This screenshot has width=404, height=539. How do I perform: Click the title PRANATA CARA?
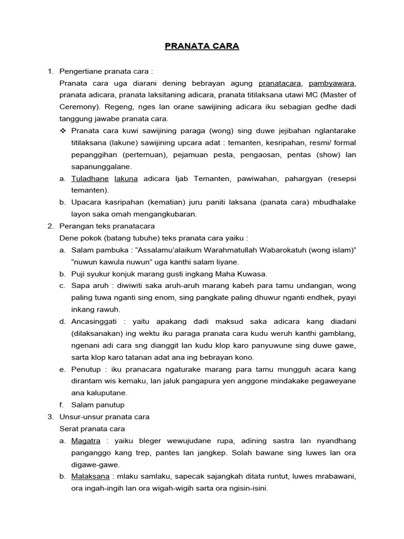(x=202, y=46)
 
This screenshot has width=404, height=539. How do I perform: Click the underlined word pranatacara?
(x=280, y=83)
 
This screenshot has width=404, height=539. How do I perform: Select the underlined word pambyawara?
(x=332, y=83)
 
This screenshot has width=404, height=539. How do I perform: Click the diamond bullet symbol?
(x=64, y=131)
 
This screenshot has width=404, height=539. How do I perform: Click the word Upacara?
(x=86, y=202)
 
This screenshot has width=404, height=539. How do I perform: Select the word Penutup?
(x=86, y=369)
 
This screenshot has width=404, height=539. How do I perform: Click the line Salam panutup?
(x=98, y=405)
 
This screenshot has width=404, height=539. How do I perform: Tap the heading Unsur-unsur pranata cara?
(x=105, y=416)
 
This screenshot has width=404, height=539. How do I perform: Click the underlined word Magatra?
(x=86, y=441)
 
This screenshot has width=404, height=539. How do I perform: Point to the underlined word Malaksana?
(x=90, y=476)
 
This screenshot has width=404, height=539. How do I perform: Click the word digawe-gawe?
(x=96, y=464)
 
